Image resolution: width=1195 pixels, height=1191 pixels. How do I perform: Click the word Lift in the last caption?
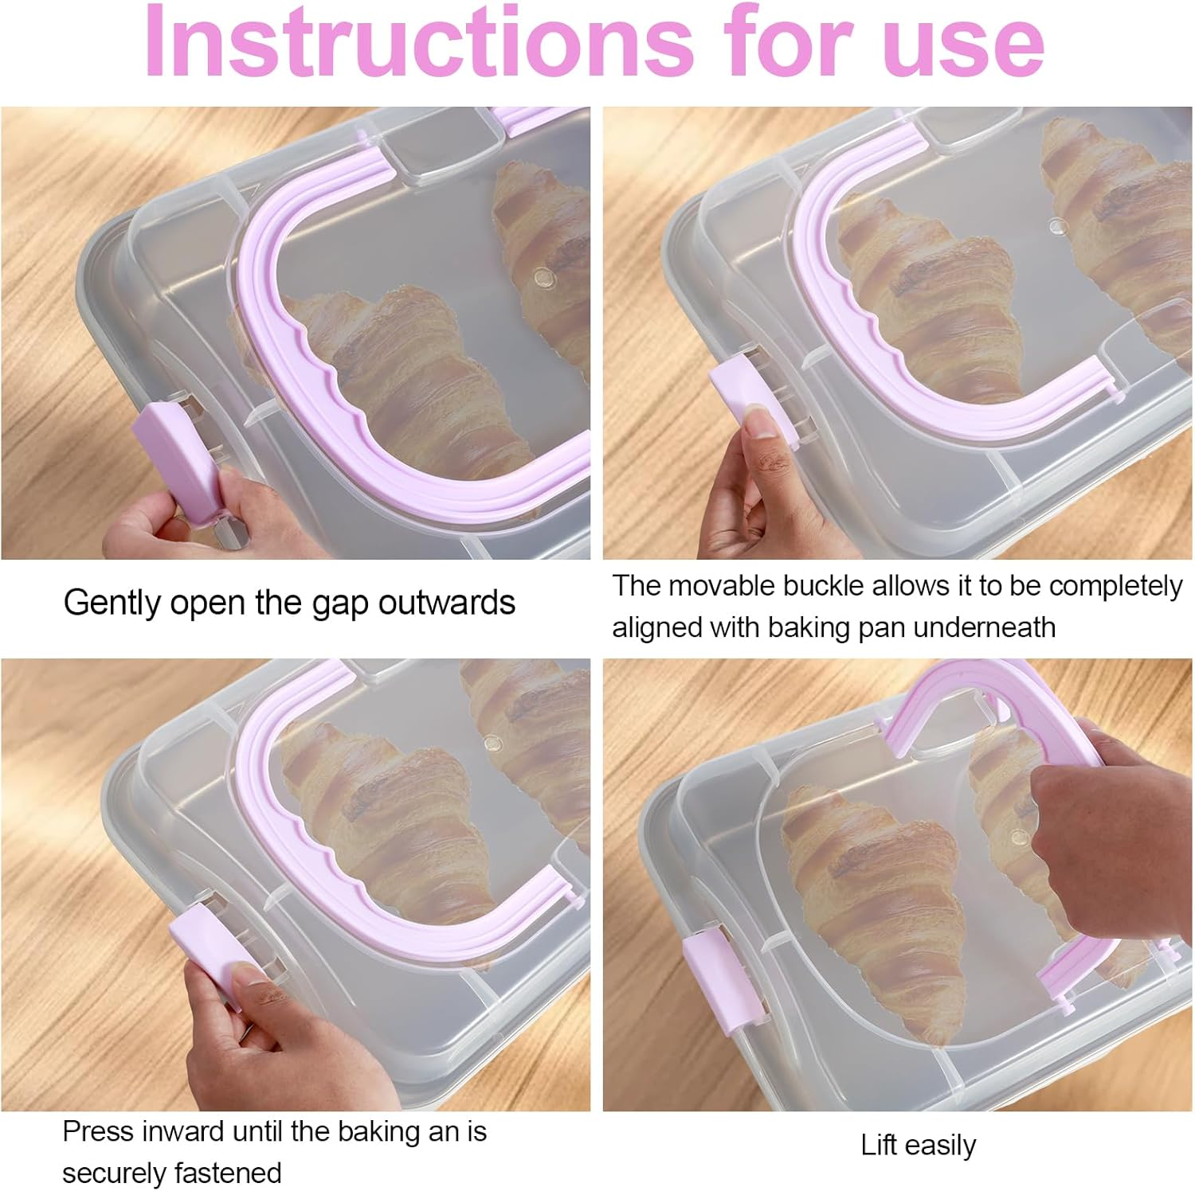coord(879,1145)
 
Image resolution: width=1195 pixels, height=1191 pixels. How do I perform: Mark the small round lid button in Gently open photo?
coord(544,278)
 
